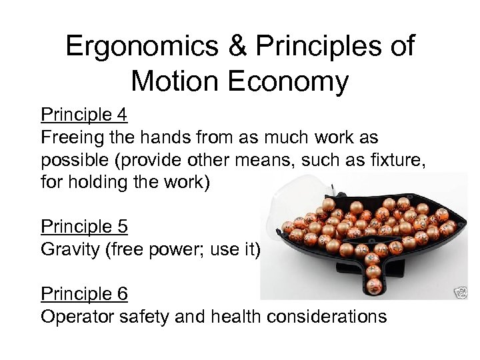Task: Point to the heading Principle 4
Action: (84, 115)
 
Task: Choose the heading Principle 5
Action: (84, 227)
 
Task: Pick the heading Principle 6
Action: (84, 293)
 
